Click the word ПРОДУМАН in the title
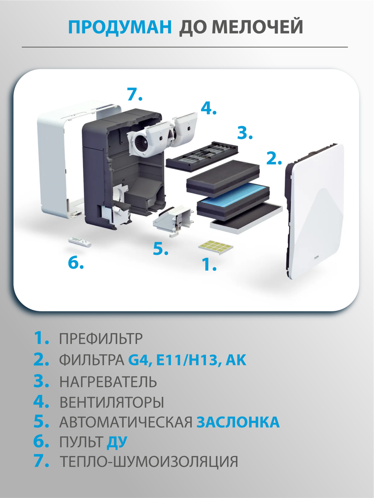(120, 27)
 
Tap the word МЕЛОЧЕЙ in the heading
(257, 27)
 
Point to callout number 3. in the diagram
(245, 133)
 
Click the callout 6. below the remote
(76, 263)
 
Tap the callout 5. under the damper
(160, 249)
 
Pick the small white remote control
(80, 242)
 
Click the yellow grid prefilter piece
(215, 246)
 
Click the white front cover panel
(318, 209)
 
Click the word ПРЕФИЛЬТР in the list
(101, 339)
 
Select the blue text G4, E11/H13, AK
(187, 360)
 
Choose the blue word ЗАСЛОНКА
(238, 422)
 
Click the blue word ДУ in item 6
(117, 442)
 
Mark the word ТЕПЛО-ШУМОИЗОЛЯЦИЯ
(149, 462)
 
